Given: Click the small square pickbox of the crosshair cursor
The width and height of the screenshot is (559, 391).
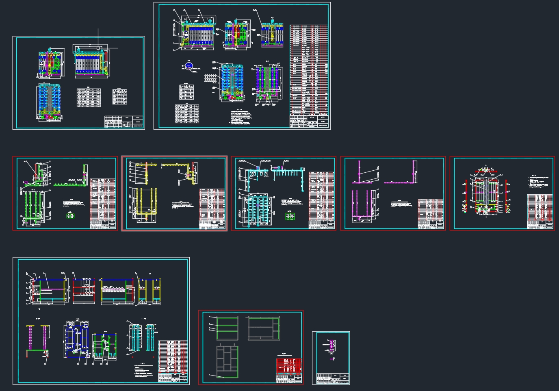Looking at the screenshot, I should click(x=98, y=48).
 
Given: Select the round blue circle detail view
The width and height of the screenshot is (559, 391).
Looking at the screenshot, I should click(x=188, y=65).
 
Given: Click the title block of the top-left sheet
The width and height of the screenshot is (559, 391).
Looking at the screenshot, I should click(x=124, y=122).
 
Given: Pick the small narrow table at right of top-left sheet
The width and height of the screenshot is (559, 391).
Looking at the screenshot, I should click(x=120, y=97).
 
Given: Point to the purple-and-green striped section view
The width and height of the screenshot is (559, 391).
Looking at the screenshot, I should click(x=267, y=83).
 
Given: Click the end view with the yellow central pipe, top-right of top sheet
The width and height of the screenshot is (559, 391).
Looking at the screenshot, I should click(x=273, y=33).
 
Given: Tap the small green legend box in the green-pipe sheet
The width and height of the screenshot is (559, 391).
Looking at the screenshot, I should click(x=70, y=216).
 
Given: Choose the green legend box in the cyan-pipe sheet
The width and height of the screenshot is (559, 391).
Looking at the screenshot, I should click(x=290, y=216).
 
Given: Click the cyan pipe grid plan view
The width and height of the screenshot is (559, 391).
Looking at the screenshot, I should click(x=255, y=210).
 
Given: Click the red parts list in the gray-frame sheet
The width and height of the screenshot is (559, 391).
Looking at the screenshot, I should click(x=289, y=366).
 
